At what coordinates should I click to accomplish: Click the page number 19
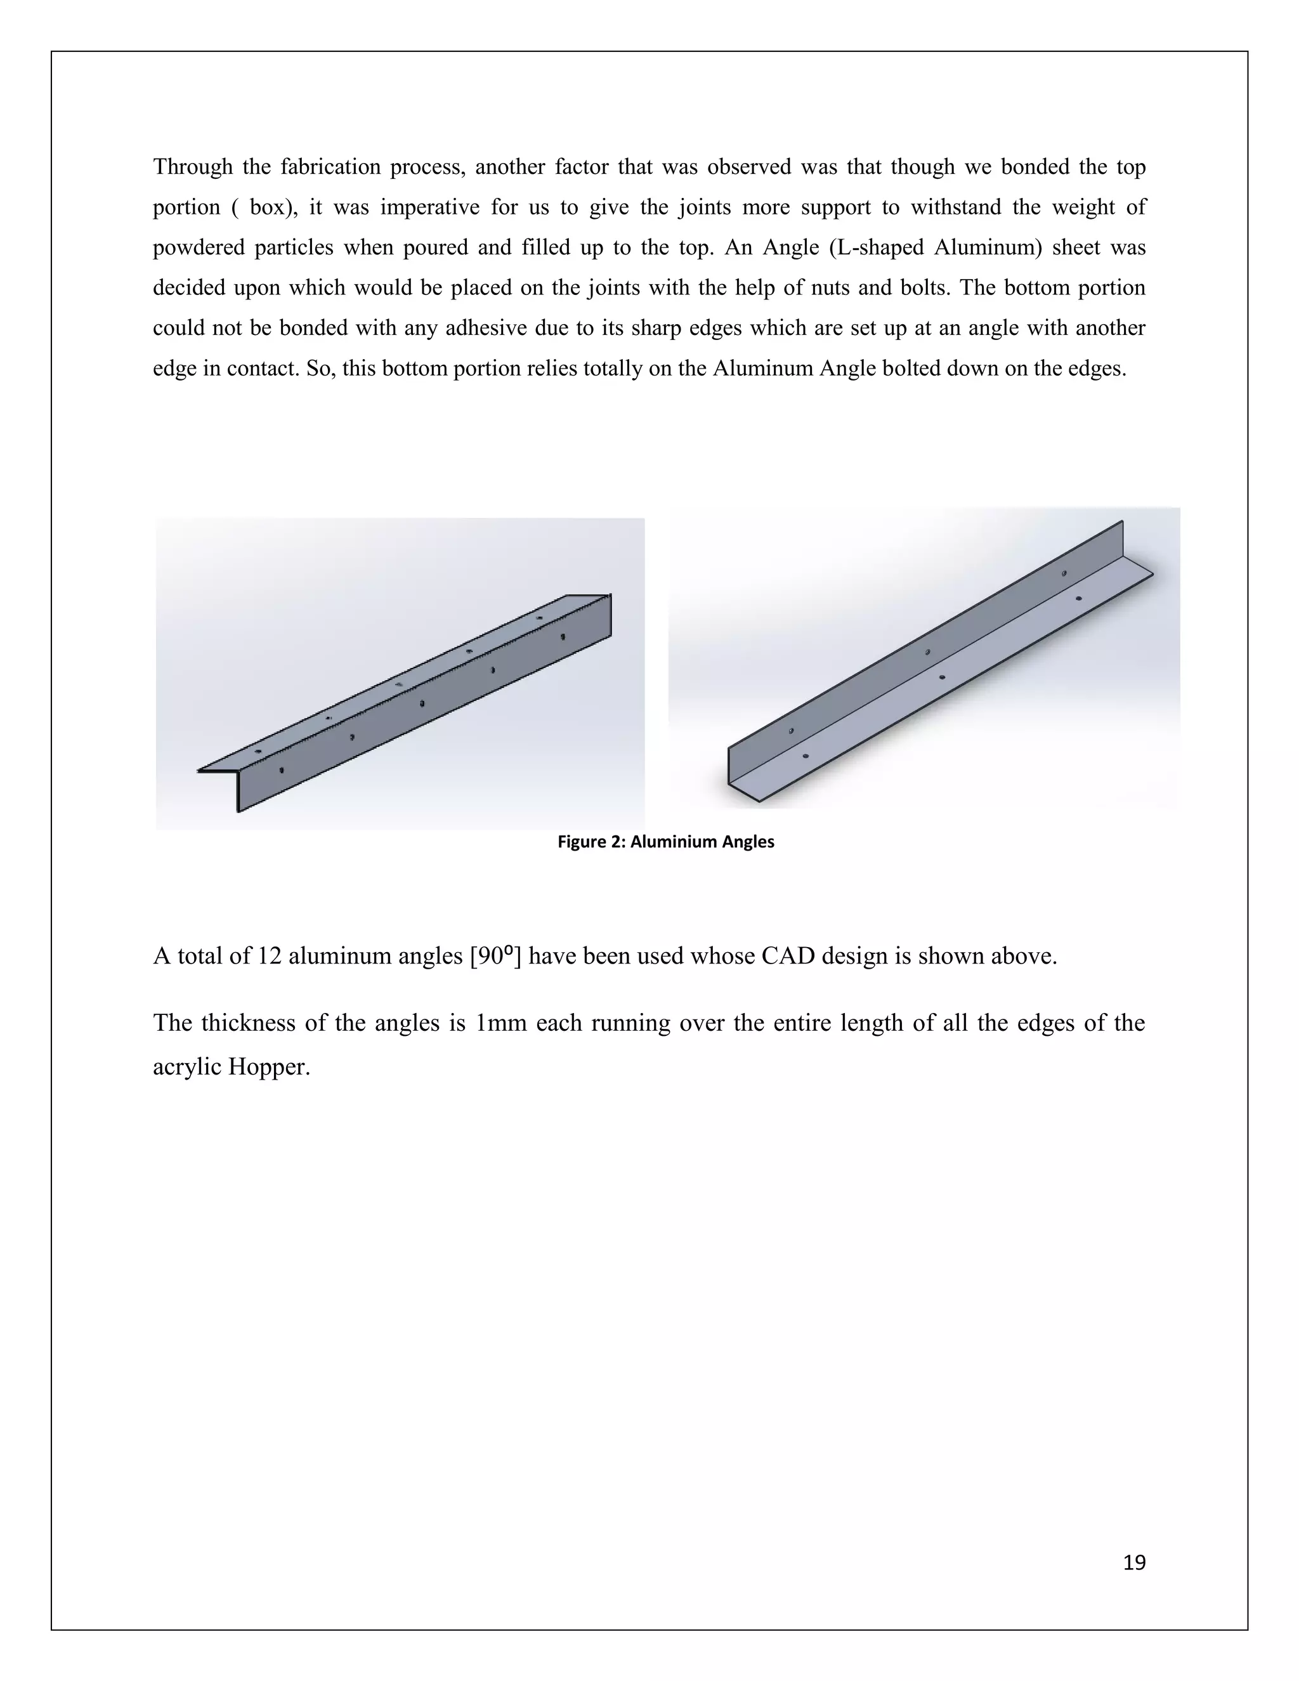pyautogui.click(x=1134, y=1562)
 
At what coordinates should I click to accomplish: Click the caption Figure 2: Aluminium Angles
pyautogui.click(x=665, y=841)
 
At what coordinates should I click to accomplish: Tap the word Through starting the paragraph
pyautogui.click(x=192, y=167)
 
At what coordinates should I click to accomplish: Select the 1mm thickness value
pyautogui.click(x=501, y=1023)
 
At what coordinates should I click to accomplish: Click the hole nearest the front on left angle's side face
pyautogui.click(x=282, y=769)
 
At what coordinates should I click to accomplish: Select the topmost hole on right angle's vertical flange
pyautogui.click(x=1064, y=573)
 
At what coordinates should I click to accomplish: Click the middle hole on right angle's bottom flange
pyautogui.click(x=942, y=677)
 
